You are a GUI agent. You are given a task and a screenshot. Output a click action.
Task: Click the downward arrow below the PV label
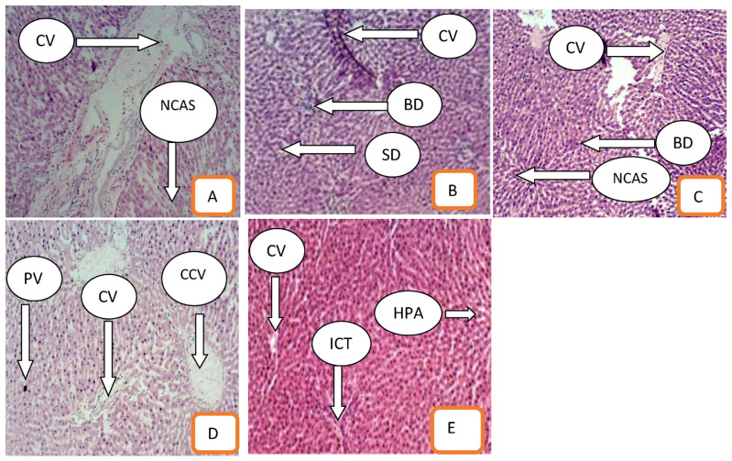pos(26,340)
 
